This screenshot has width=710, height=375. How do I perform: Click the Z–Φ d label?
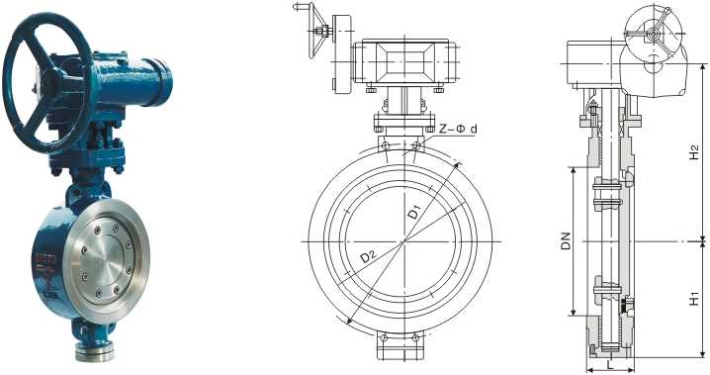tap(461, 129)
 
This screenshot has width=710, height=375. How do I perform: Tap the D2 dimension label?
tap(368, 256)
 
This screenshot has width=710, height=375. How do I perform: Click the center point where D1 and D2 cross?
tap(402, 240)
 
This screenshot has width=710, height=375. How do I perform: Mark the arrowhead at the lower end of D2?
tap(347, 318)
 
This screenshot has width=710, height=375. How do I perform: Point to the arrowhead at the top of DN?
tap(573, 170)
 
